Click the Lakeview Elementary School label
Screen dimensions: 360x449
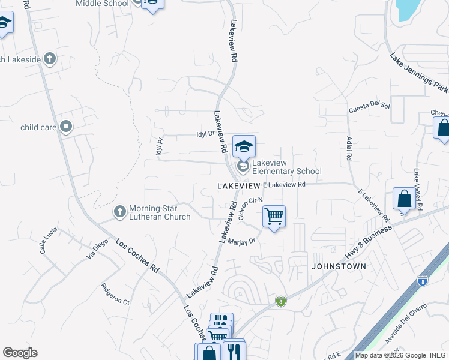pos(287,167)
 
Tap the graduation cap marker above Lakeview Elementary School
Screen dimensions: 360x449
pos(244,146)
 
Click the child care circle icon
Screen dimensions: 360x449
pos(67,127)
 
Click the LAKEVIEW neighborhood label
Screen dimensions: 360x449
pos(238,187)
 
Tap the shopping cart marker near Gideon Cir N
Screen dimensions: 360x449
pos(274,216)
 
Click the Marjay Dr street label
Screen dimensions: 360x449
pos(242,241)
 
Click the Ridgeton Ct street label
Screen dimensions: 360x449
pos(115,293)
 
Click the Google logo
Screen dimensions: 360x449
pos(20,353)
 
